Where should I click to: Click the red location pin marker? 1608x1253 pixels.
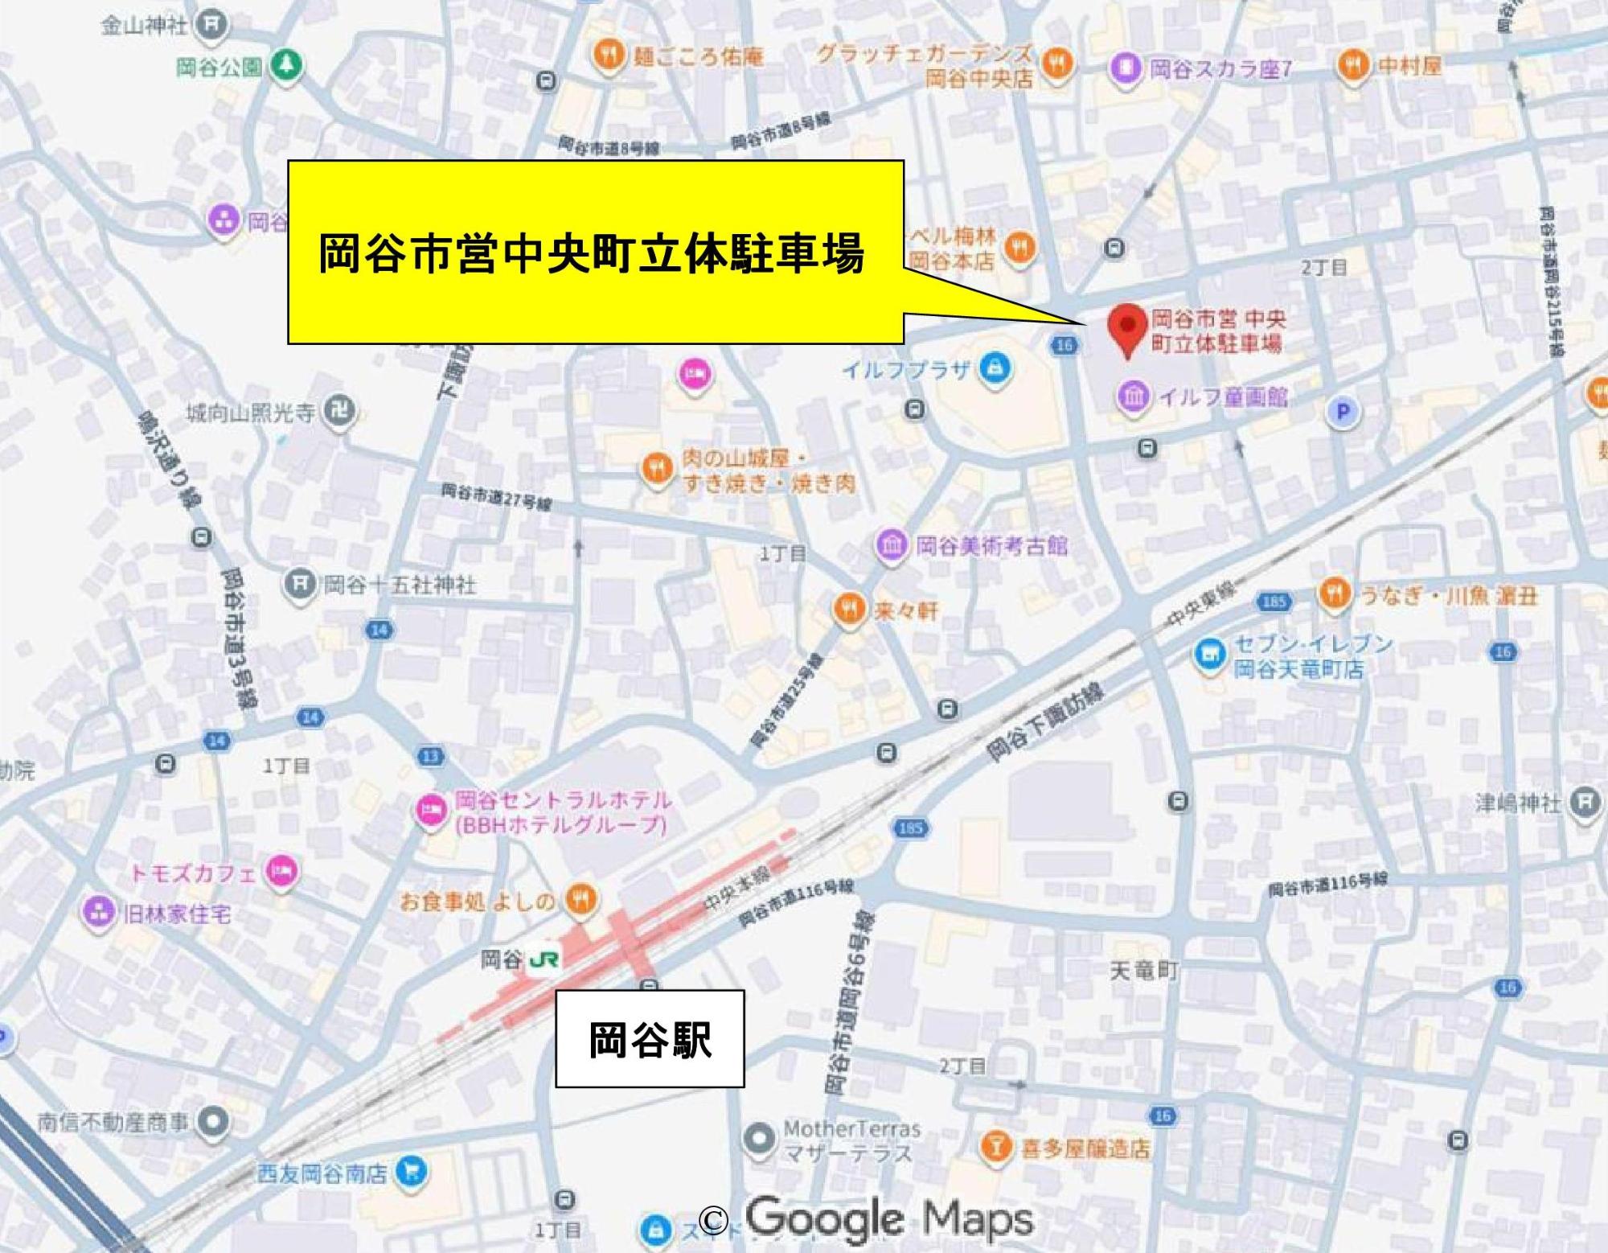pos(1128,327)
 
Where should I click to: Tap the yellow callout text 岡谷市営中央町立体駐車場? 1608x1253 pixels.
pos(592,253)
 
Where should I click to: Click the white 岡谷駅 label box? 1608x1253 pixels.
pos(650,1039)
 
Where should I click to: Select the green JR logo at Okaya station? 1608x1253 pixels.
pos(544,959)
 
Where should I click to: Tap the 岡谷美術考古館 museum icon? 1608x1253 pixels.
pos(893,546)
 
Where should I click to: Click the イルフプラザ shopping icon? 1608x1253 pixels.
pos(995,371)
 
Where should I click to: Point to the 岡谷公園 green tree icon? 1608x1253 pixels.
pos(285,66)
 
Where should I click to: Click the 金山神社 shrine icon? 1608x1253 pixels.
pos(211,25)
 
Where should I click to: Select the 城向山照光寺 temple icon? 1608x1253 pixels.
pos(337,413)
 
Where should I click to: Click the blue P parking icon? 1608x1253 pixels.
pos(1340,413)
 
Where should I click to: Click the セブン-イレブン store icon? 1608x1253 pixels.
pos(1209,654)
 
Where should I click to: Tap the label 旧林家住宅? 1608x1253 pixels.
pos(176,914)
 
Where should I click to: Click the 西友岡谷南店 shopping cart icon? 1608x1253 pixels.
pos(412,1173)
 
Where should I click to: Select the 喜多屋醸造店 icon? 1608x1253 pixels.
pos(995,1147)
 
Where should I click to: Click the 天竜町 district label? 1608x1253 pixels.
pos(1142,972)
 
